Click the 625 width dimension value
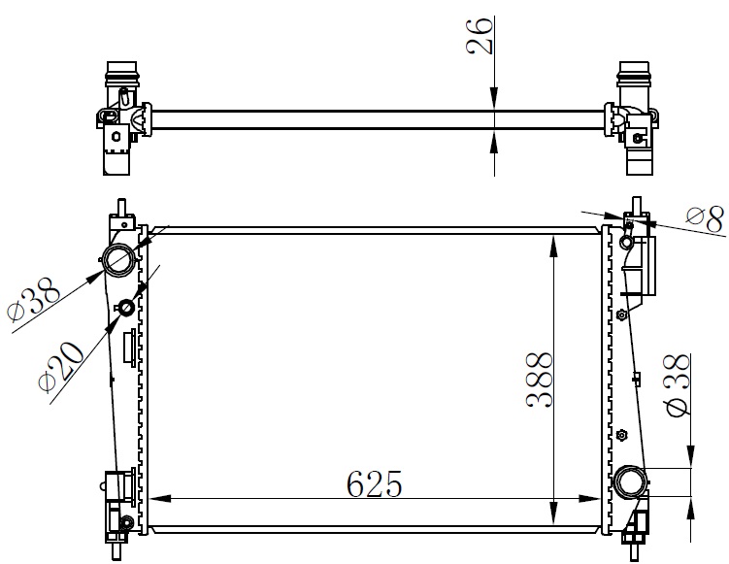click(371, 482)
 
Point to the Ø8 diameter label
click(705, 219)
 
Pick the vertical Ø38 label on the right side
click(679, 385)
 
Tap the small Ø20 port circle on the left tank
click(125, 309)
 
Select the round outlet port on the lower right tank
click(629, 481)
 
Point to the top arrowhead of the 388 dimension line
click(553, 243)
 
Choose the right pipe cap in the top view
click(635, 71)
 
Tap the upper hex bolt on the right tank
click(622, 313)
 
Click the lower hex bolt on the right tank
click(622, 433)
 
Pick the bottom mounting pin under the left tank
click(119, 550)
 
